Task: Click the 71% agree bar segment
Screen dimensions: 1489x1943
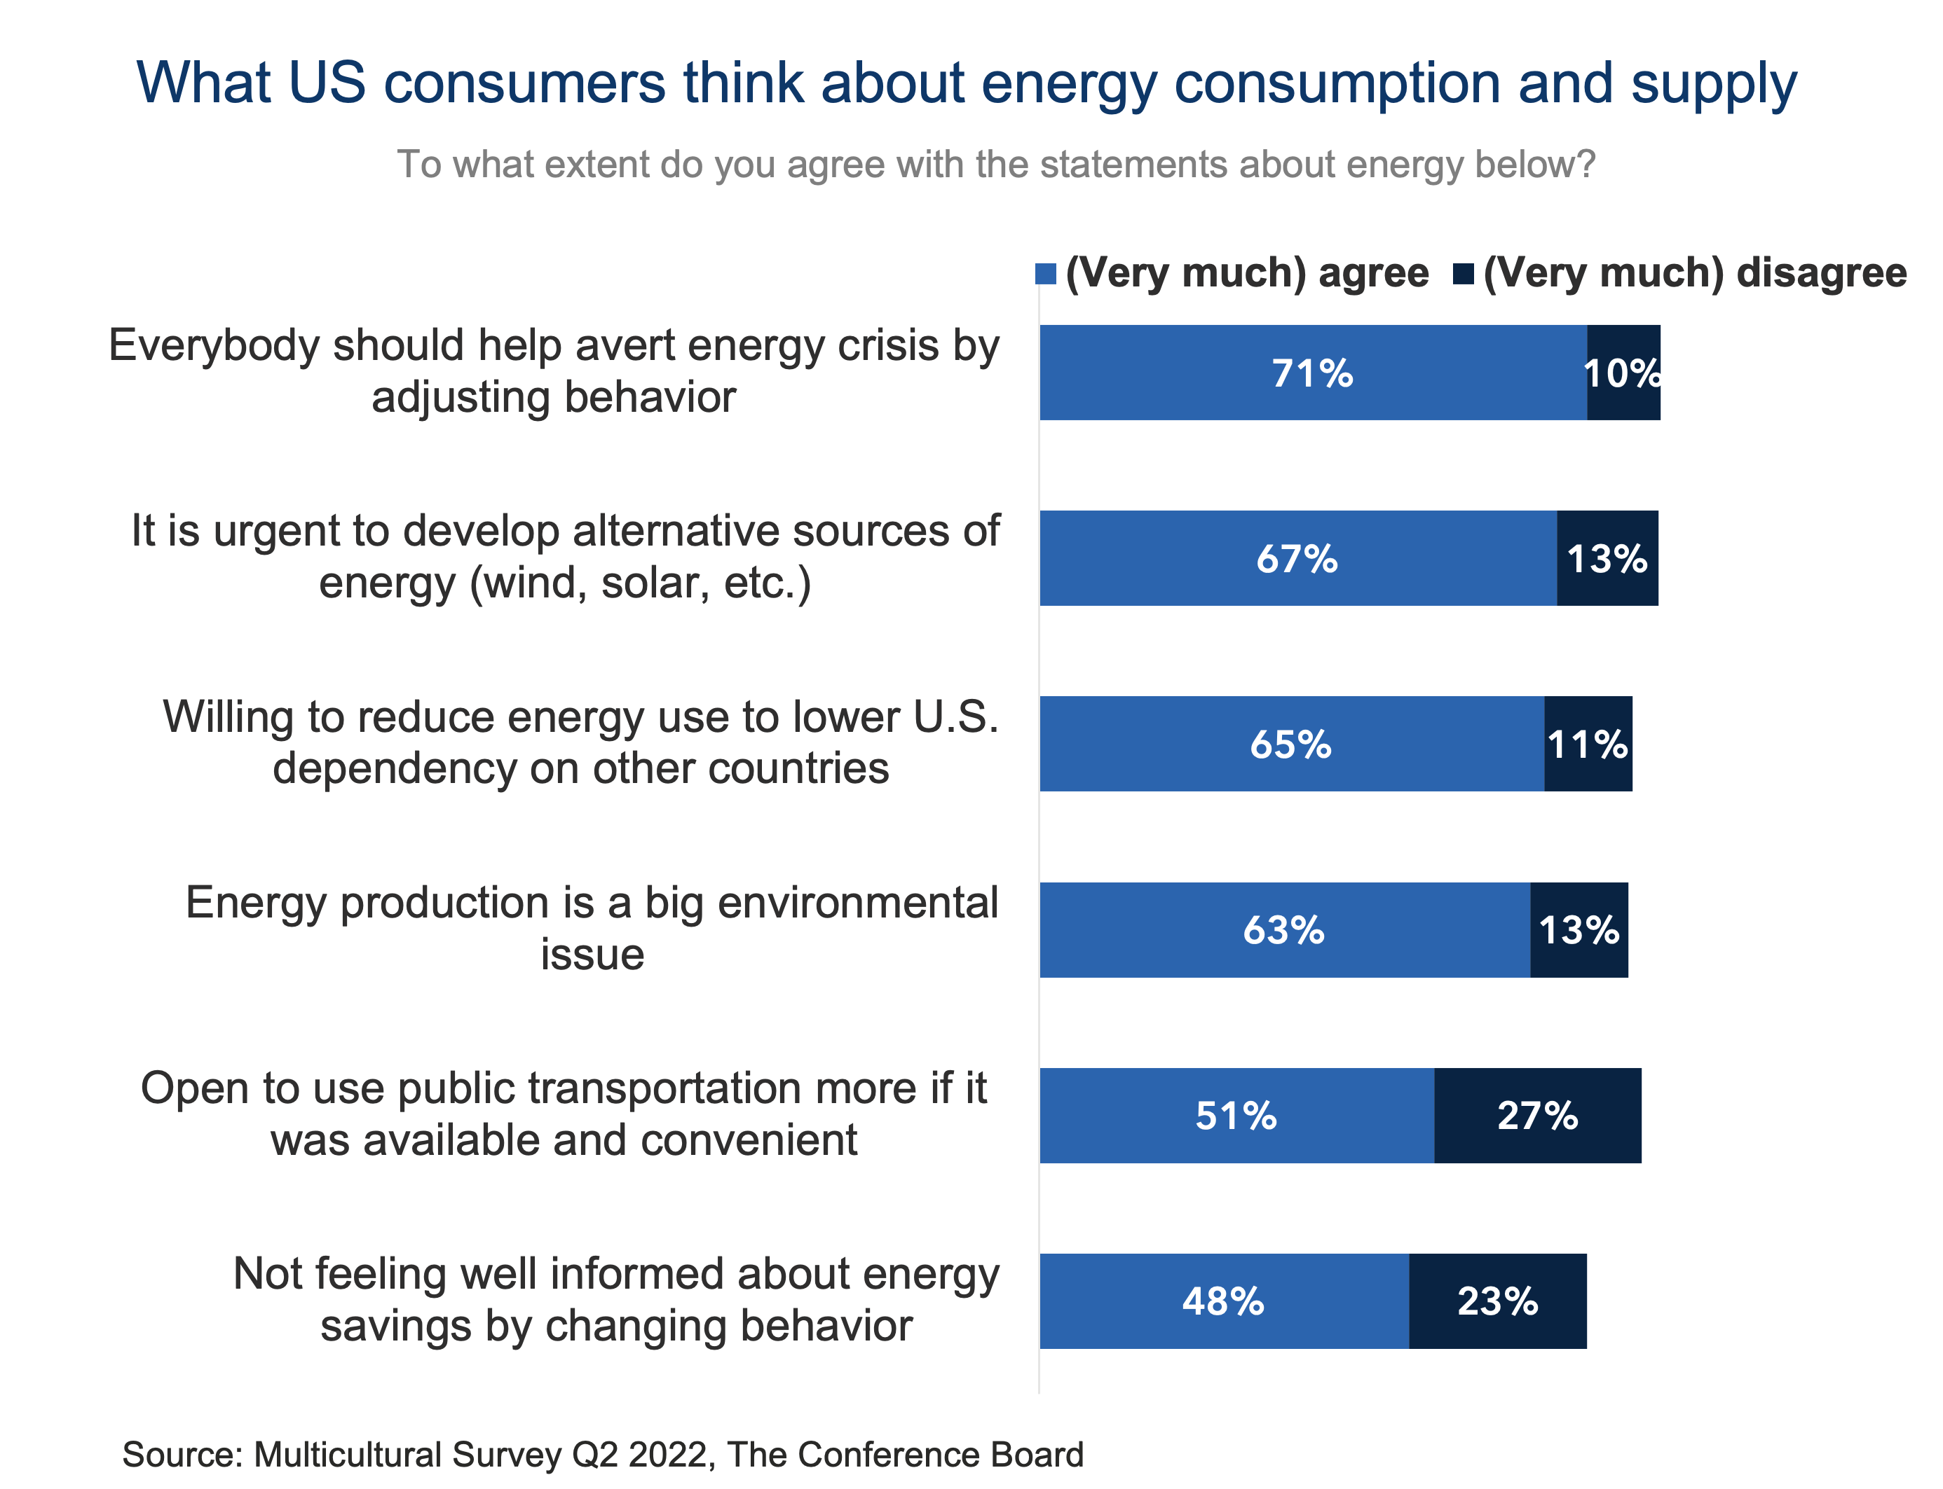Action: pos(1312,373)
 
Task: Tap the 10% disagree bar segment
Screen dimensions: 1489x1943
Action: pos(1623,373)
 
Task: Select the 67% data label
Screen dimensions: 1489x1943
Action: pos(1297,558)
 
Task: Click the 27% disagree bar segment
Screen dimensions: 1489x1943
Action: pos(1537,1115)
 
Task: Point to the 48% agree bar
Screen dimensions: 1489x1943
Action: pos(1224,1301)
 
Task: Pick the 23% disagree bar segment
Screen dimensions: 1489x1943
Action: pos(1497,1301)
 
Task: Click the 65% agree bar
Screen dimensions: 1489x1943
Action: pos(1291,744)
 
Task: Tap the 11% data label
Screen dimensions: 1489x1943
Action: pos(1588,744)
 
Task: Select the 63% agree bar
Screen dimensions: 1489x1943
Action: pos(1284,929)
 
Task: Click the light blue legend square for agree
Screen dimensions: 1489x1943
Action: pos(1046,274)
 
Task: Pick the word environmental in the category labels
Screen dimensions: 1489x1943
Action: pos(857,903)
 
